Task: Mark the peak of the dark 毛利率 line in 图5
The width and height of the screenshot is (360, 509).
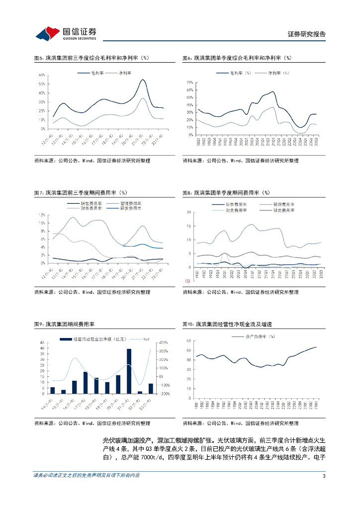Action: click(x=143, y=80)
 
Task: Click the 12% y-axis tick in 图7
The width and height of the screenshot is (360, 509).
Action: click(x=42, y=215)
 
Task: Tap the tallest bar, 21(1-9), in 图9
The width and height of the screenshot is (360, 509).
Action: click(x=129, y=371)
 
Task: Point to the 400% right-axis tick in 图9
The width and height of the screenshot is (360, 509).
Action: click(x=164, y=342)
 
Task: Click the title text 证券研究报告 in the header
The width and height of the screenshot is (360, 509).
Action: click(x=307, y=34)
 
